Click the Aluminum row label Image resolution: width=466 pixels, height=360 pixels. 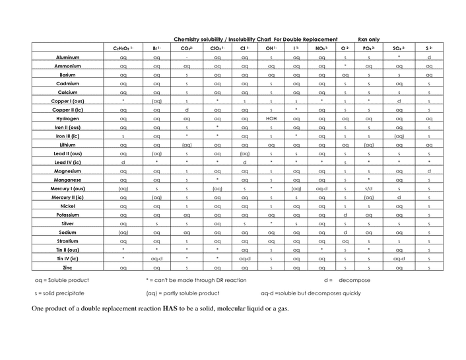pyautogui.click(x=68, y=57)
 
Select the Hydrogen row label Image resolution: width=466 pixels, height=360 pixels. pyautogui.click(x=68, y=118)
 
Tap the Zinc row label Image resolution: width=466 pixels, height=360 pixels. pyautogui.click(x=68, y=268)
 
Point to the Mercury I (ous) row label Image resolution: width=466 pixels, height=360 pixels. pyautogui.click(x=68, y=188)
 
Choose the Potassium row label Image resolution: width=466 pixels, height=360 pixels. pyautogui.click(x=68, y=215)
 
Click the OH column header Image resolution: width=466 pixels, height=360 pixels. pyautogui.click(x=271, y=48)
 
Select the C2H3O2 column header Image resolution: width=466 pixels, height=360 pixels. pyautogui.click(x=123, y=48)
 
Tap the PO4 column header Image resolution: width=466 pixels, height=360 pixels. pyautogui.click(x=368, y=48)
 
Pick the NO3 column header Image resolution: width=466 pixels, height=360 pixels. pyautogui.click(x=321, y=48)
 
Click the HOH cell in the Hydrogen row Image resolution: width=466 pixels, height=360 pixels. pyautogui.click(x=271, y=118)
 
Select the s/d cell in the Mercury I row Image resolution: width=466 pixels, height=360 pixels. pyautogui.click(x=368, y=188)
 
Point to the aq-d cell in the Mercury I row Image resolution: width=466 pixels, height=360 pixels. pyautogui.click(x=321, y=188)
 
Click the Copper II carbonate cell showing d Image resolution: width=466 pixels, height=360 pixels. pyautogui.click(x=187, y=110)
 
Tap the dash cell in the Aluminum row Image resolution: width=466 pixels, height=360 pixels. pyautogui.click(x=187, y=57)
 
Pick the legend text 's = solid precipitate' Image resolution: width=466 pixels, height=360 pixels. pyautogui.click(x=61, y=293)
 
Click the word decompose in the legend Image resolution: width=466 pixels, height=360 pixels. pyautogui.click(x=355, y=281)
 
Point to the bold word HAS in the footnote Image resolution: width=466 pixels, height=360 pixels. pyautogui.click(x=168, y=309)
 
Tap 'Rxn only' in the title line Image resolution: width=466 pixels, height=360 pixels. pyautogui.click(x=368, y=39)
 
